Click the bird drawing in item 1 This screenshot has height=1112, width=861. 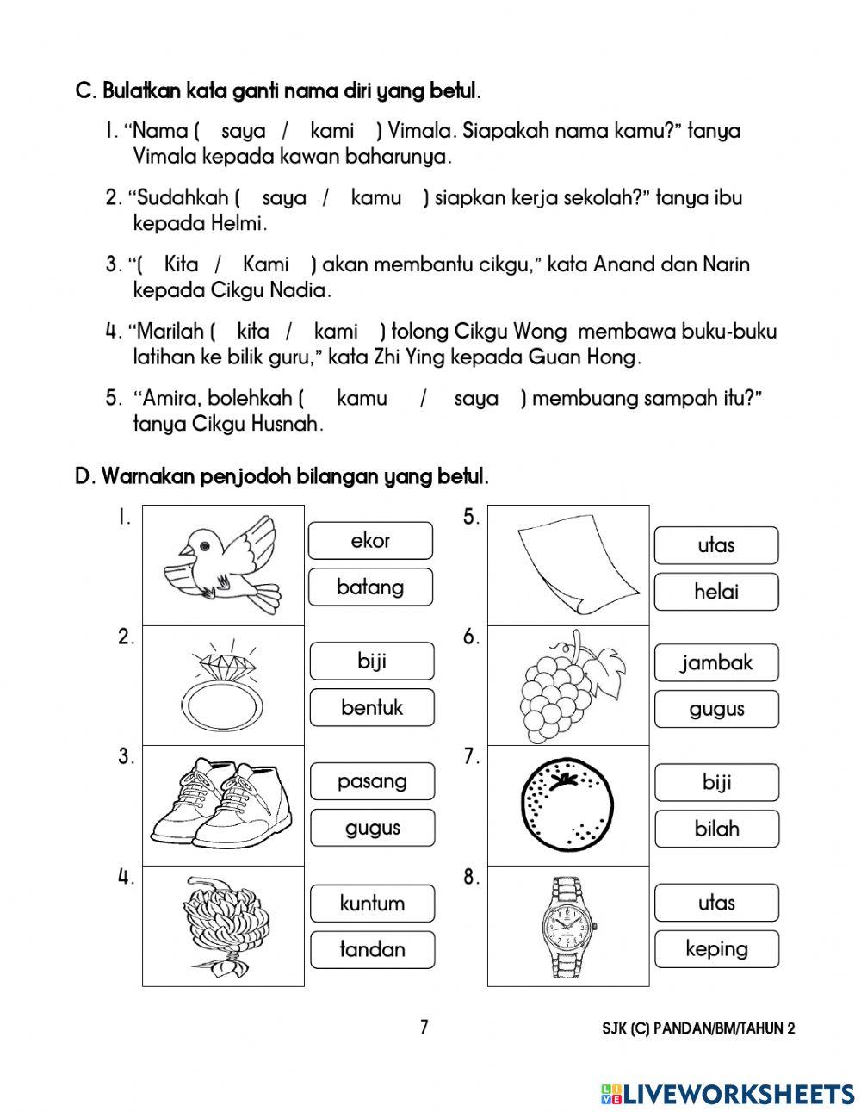pyautogui.click(x=222, y=564)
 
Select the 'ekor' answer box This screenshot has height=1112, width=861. pyautogui.click(x=370, y=541)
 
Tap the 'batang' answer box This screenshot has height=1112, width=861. pyautogui.click(x=370, y=587)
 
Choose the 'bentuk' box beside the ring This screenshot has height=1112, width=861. pyautogui.click(x=372, y=708)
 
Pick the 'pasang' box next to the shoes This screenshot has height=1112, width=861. pyautogui.click(x=372, y=782)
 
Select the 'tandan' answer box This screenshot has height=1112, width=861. pyautogui.click(x=372, y=949)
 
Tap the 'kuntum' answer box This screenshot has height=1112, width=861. pyautogui.click(x=372, y=904)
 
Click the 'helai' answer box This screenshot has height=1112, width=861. pyautogui.click(x=716, y=592)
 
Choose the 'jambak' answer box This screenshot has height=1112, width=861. pyautogui.click(x=716, y=663)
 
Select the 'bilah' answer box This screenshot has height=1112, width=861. pyautogui.click(x=716, y=829)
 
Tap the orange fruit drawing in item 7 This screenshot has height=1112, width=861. pyautogui.click(x=565, y=807)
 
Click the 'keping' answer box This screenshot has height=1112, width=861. pyautogui.click(x=716, y=949)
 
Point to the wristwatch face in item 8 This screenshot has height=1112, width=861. pyautogui.click(x=567, y=925)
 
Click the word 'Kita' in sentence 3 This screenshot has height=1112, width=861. pyautogui.click(x=181, y=264)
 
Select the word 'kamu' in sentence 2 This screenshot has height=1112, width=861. pyautogui.click(x=376, y=197)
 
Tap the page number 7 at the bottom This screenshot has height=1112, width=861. pyautogui.click(x=424, y=1027)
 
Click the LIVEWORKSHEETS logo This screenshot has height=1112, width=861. pyautogui.click(x=728, y=1093)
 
